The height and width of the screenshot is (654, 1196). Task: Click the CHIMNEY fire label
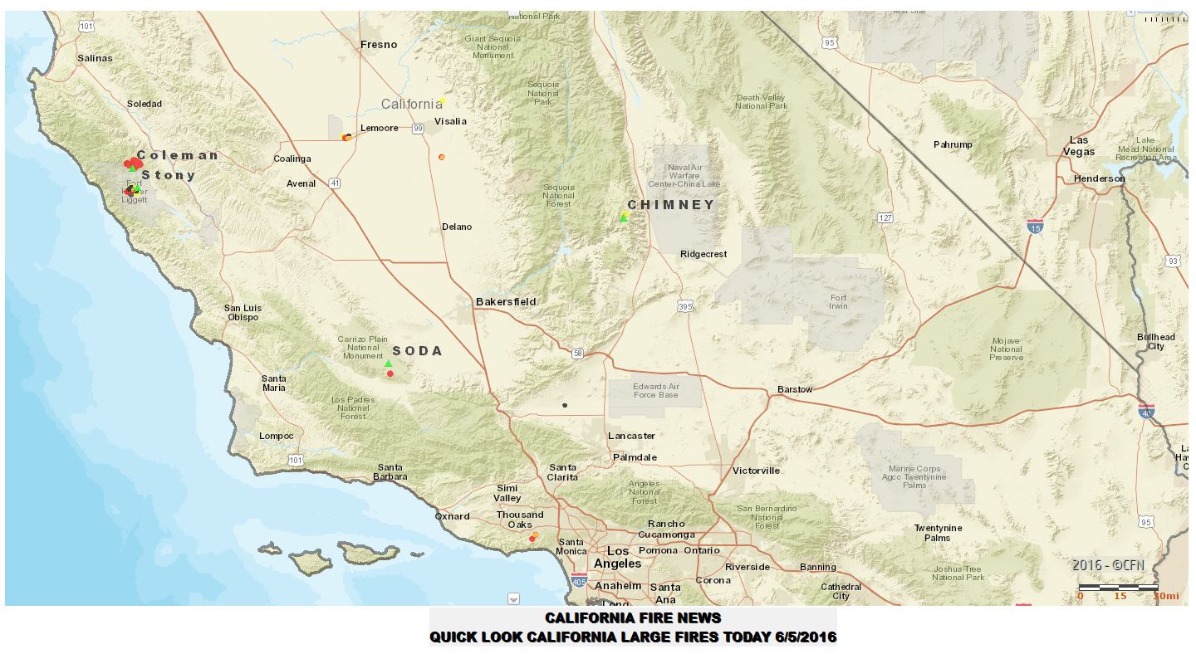coord(670,205)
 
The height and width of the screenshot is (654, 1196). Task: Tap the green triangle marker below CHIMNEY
coord(624,217)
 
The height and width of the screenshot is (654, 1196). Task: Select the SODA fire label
coord(417,351)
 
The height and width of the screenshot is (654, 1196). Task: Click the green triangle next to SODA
coord(388,364)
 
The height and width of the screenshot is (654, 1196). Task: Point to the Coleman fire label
coord(178,155)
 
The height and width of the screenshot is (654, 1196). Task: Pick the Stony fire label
coord(169,175)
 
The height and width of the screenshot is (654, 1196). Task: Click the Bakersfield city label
coord(506,301)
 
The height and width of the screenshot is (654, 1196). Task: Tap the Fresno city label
coord(379,45)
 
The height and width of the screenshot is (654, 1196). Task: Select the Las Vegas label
coord(1081,146)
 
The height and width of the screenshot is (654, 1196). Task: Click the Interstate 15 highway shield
coord(1035,226)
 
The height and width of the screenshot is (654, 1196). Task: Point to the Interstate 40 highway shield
coord(1147,411)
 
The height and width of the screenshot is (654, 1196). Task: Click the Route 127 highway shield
coord(885,217)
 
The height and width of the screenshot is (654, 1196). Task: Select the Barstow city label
coord(795,389)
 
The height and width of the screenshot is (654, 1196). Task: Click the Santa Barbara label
coord(390,471)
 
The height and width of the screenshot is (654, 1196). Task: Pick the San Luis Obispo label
coord(243,312)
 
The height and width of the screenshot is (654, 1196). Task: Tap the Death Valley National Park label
coord(761,102)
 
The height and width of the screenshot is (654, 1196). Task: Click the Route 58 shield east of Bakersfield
coord(578,354)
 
